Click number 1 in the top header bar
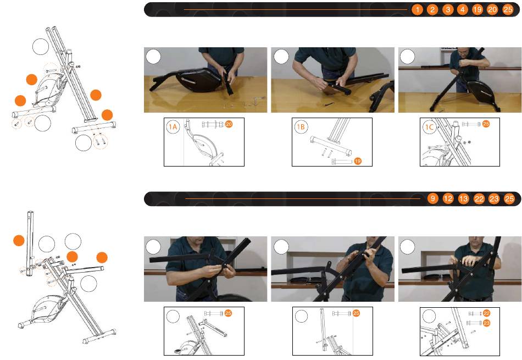[x=417, y=10]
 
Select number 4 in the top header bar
[x=463, y=10]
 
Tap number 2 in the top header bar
[x=432, y=10]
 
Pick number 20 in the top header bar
[x=492, y=10]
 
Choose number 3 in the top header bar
[x=448, y=10]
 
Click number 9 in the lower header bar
[x=432, y=199]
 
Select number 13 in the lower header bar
[x=463, y=199]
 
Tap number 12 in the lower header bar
[x=448, y=199]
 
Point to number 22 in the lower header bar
[x=479, y=199]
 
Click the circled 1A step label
[x=173, y=127]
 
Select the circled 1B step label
[x=301, y=127]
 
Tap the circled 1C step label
[x=429, y=127]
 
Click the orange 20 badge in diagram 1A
[x=229, y=124]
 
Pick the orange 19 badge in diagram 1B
[x=358, y=161]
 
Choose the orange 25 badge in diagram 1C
[x=486, y=124]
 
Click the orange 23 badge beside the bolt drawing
[x=486, y=323]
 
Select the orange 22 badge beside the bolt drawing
[x=486, y=313]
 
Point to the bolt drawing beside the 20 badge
[x=213, y=124]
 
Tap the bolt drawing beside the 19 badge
[x=342, y=162]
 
